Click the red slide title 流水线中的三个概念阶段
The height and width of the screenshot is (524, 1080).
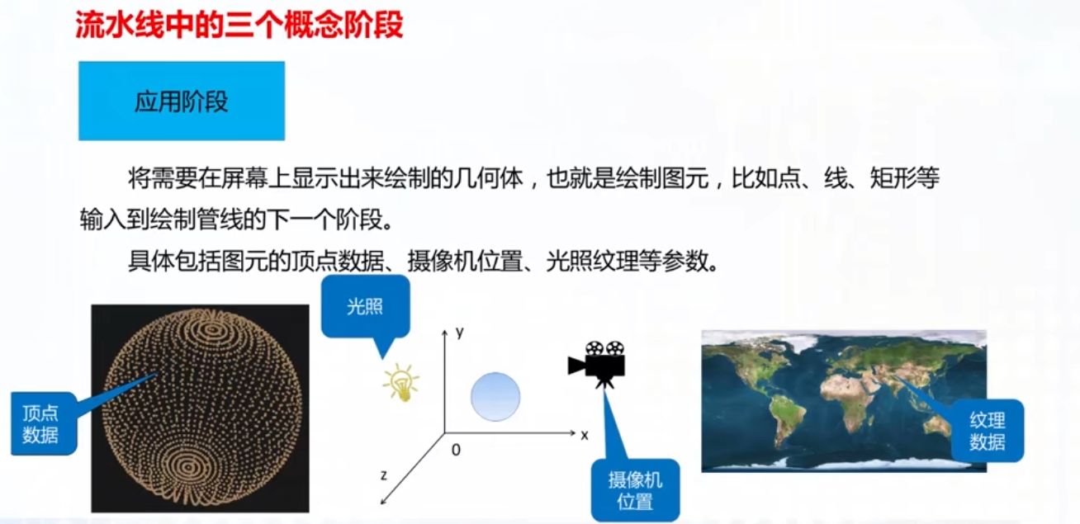tap(239, 25)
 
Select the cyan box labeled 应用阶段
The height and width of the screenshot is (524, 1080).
tap(182, 101)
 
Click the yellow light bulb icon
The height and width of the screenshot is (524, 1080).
tap(401, 382)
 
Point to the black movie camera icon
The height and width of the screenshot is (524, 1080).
tap(597, 364)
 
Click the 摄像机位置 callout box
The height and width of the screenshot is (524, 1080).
tap(636, 490)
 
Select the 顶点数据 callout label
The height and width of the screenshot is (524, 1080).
tap(44, 423)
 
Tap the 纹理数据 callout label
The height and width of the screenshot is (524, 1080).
tap(988, 431)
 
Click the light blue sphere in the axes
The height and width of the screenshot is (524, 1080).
tap(495, 397)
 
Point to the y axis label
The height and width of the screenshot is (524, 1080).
tap(460, 332)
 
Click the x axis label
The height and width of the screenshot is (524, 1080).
tap(585, 436)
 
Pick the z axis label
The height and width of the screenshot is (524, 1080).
tap(384, 475)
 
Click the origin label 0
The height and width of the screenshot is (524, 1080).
tap(456, 450)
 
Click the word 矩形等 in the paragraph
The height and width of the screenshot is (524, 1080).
tap(905, 178)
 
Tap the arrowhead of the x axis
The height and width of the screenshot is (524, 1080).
tap(573, 433)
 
